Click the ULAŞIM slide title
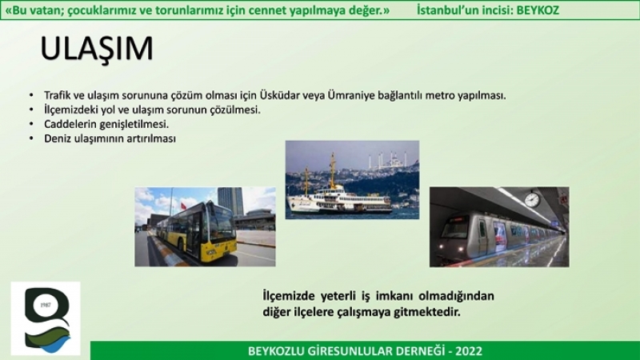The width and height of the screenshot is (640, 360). (x=97, y=49)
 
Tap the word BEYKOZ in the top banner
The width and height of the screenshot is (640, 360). (x=538, y=10)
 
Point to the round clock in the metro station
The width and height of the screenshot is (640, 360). (x=532, y=199)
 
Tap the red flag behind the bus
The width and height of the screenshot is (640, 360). (x=183, y=206)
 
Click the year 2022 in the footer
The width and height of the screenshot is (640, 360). (x=469, y=351)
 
